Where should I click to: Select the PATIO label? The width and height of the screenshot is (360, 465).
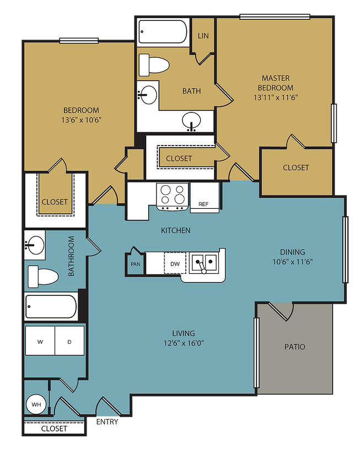tap(294, 347)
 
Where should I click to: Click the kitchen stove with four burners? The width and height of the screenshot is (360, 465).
tap(173, 195)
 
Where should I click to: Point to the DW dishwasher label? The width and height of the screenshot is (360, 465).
tap(175, 264)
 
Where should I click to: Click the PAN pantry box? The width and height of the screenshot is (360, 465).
tap(135, 264)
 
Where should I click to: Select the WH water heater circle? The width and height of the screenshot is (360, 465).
tap(36, 405)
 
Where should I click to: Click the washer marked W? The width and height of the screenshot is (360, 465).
tap(40, 342)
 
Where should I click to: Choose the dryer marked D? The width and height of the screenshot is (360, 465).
tap(69, 342)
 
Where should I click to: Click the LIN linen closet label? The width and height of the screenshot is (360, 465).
tap(203, 36)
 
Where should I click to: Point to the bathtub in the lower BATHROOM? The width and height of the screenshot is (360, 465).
tap(51, 306)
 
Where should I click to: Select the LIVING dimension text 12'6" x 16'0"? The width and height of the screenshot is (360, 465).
tap(184, 343)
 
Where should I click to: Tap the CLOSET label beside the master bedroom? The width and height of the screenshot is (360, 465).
tap(296, 167)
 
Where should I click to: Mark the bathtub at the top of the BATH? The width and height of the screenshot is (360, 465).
tap(163, 31)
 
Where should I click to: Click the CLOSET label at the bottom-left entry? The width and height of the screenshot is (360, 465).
tap(54, 428)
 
